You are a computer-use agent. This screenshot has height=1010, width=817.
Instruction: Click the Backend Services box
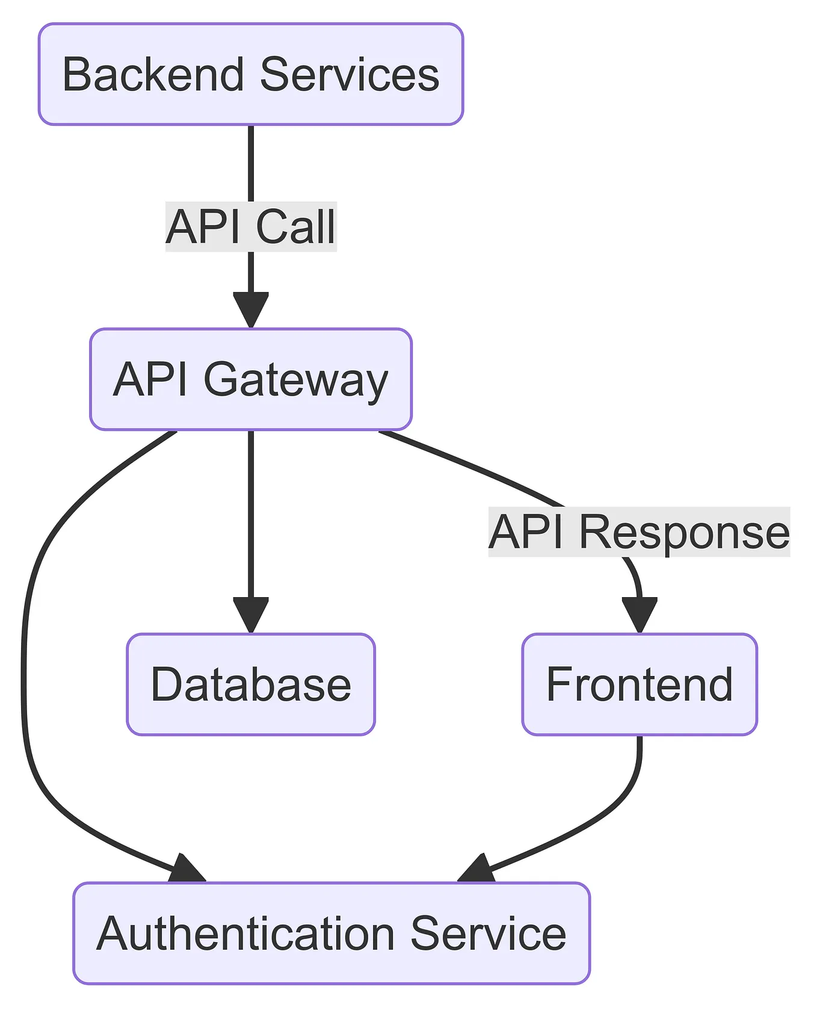coord(251,74)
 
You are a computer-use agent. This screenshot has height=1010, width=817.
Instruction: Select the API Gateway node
coord(251,379)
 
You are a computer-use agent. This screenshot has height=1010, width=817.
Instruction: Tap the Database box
coord(251,684)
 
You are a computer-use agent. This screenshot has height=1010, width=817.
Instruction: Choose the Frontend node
coord(640,684)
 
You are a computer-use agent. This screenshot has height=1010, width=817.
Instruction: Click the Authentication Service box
coord(331,934)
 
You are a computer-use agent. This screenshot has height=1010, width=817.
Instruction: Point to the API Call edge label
coord(251,227)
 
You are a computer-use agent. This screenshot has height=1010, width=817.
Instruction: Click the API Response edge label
coord(639,532)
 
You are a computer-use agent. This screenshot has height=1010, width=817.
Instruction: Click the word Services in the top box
coord(350,75)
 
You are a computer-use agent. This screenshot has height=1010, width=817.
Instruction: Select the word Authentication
coord(245,934)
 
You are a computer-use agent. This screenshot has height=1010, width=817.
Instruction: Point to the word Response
coord(684,533)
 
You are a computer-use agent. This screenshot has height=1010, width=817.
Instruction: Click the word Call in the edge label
coord(295,227)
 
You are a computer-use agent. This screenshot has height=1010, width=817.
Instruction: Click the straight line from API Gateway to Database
coord(251,512)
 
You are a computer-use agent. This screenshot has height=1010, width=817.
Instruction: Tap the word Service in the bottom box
coord(488,934)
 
